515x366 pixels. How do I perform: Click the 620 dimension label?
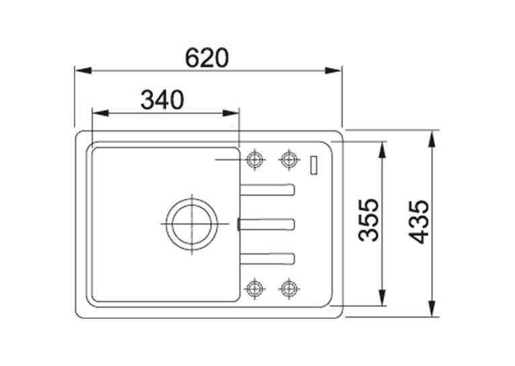click(x=206, y=58)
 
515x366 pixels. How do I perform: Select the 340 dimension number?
click(x=162, y=99)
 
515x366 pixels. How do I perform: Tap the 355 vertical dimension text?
click(x=368, y=220)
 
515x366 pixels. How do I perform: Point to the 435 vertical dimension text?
click(x=418, y=222)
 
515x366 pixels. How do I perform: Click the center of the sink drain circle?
click(x=192, y=224)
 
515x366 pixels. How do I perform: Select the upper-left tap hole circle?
click(x=255, y=160)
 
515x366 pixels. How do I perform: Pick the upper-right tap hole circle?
click(x=288, y=160)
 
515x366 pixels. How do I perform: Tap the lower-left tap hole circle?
click(x=255, y=289)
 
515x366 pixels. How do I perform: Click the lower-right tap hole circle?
click(x=288, y=289)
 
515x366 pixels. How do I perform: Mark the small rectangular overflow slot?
click(x=314, y=165)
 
